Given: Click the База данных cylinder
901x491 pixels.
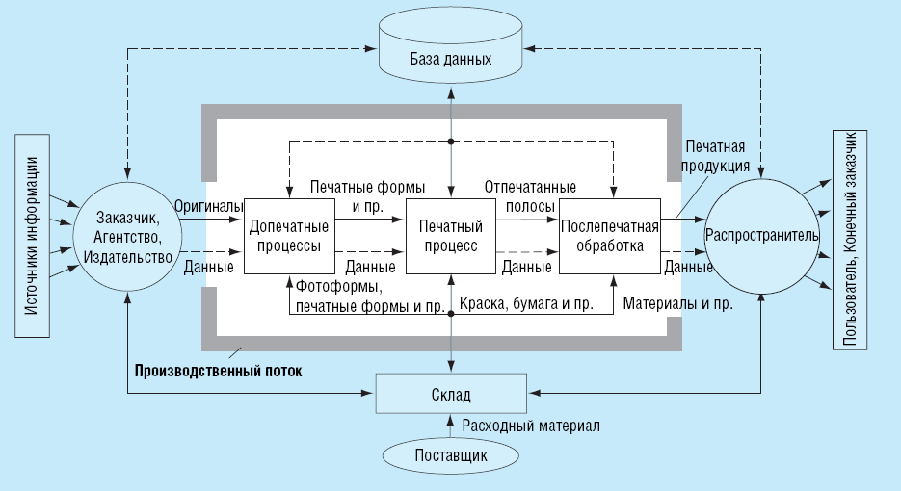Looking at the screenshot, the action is pos(451,50).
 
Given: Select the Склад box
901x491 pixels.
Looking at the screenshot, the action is pos(451,394).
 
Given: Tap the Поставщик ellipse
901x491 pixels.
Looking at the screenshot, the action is pos(451,456).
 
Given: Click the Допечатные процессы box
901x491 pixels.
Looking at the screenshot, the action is pos(290,236).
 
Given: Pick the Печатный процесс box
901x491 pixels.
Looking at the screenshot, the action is pos(451,236).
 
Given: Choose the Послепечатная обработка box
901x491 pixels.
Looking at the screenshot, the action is pos(610,236).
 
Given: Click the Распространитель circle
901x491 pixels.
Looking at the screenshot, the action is pos(762,236).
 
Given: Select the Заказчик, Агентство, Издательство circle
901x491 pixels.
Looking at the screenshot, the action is pos(127,237).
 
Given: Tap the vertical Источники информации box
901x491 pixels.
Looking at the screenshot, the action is pos(32,236).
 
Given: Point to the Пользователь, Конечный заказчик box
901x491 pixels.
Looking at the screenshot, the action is pos(850,240).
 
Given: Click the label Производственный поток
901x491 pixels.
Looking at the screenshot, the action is pos(219,371).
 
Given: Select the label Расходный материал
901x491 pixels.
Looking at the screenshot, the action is pos(531,426).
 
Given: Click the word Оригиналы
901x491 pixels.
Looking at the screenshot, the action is pos(208,206).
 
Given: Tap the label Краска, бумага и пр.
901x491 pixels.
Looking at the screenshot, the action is pos(526,303).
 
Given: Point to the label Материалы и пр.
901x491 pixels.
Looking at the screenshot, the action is pos(678,303).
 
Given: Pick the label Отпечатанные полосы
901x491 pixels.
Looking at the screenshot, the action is pos(530,196).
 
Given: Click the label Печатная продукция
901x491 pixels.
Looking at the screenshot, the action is pos(715,156).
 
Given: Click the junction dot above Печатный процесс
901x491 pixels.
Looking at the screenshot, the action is pos(451,142).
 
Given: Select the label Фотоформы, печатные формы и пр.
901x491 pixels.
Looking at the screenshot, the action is pos(371,296).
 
